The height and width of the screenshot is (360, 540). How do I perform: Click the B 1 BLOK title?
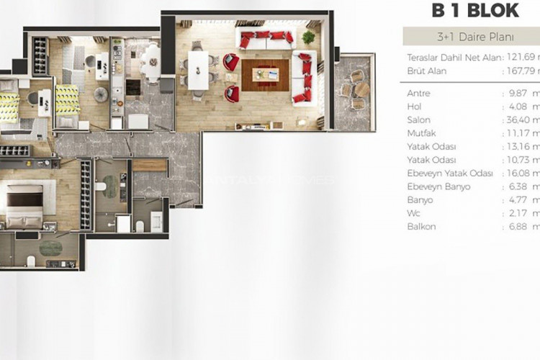point(474,11)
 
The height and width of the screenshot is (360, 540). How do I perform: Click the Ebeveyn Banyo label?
point(438,186)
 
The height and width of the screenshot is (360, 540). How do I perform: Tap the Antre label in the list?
point(418,93)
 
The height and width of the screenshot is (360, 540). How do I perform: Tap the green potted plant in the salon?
point(309,37)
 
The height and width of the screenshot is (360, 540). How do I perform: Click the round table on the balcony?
point(355,89)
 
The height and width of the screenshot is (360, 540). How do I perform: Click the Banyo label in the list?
point(420,199)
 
